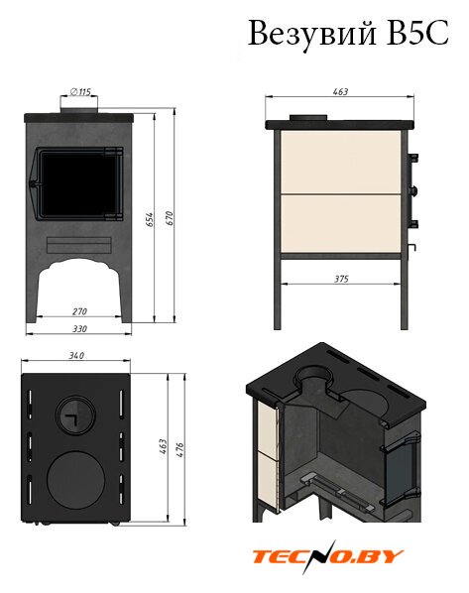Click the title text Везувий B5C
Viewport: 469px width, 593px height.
(x=348, y=34)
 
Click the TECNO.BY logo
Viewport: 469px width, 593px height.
(x=327, y=556)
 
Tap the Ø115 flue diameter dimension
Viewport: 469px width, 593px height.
(x=80, y=91)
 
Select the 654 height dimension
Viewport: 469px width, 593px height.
(x=150, y=219)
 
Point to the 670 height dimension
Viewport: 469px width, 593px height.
(x=170, y=218)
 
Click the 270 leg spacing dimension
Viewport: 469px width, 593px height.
(x=79, y=311)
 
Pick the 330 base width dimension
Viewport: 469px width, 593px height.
(x=79, y=328)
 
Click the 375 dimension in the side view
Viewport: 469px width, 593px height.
(x=341, y=279)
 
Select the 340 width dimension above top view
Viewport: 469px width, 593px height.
(x=76, y=355)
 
